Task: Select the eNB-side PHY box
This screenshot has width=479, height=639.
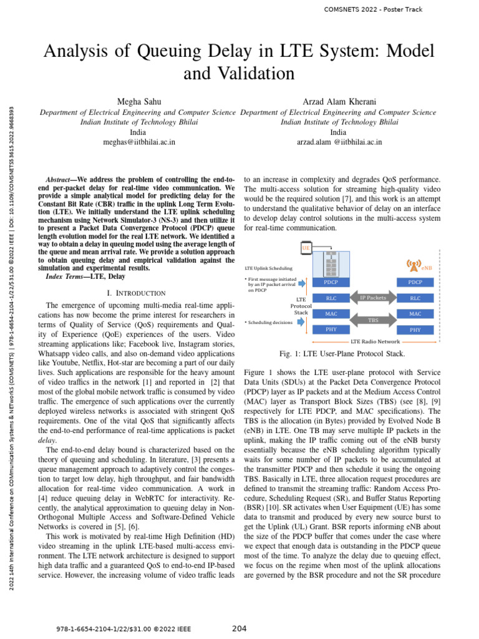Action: pos(415,329)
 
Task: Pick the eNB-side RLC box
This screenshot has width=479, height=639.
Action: pos(415,298)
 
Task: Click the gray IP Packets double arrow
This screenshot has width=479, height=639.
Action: pos(373,298)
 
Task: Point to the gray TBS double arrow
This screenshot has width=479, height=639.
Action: pos(373,319)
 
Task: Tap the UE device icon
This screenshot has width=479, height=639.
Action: pos(306,248)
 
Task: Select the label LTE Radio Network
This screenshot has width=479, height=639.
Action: pos(375,342)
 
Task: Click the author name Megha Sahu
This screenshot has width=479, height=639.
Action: pos(138,101)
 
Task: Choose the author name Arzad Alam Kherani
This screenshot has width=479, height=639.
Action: pos(338,101)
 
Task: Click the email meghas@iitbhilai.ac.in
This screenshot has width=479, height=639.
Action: pos(138,142)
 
